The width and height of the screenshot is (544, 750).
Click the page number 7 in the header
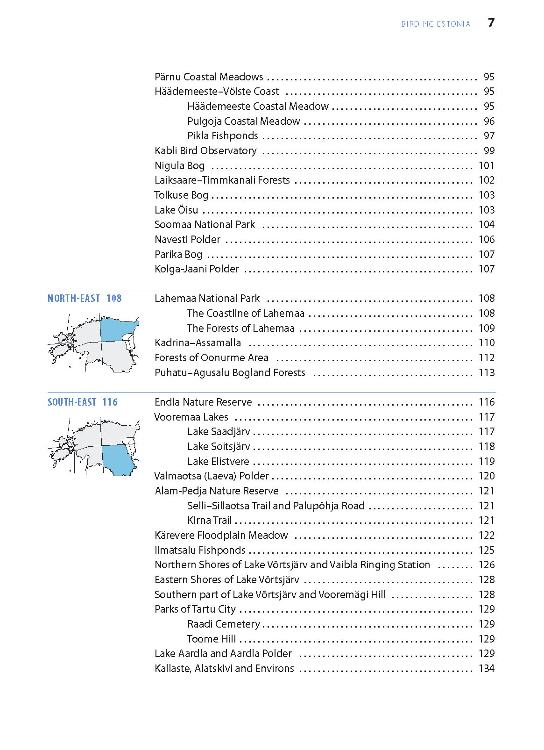491,22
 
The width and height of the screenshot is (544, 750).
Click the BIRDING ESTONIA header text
436,24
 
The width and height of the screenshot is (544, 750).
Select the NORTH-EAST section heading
74,299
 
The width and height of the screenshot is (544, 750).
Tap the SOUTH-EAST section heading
72,402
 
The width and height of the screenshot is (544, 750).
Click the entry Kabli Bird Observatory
205,151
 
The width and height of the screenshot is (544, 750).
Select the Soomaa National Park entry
205,225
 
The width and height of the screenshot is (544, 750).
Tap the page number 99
489,151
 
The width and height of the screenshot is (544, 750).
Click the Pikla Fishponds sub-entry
223,136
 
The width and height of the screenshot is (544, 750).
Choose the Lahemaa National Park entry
207,299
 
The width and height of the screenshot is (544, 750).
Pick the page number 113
487,373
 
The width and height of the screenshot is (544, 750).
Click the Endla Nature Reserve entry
203,402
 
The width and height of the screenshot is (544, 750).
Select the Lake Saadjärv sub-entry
219,432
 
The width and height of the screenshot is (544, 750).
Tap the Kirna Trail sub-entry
209,521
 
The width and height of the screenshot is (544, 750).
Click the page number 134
487,669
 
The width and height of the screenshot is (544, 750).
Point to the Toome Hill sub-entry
211,639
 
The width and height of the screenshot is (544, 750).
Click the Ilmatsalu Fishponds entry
200,550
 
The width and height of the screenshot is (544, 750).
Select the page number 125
487,550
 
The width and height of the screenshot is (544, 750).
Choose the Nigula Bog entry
179,166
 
